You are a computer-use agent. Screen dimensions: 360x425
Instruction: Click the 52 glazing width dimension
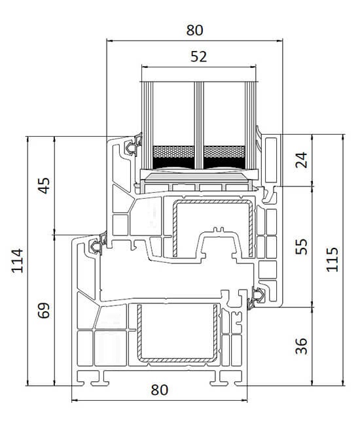(x=198, y=56)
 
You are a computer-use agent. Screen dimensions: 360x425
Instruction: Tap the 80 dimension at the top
(x=194, y=30)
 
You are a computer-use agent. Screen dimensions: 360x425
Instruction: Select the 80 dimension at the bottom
(x=160, y=390)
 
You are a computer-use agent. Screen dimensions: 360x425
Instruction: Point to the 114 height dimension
(x=17, y=260)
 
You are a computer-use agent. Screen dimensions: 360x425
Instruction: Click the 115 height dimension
(x=332, y=260)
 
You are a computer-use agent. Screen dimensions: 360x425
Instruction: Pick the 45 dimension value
(x=43, y=186)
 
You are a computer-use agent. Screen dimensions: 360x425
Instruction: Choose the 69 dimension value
(x=43, y=311)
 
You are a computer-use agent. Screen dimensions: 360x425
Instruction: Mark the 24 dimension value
(x=301, y=160)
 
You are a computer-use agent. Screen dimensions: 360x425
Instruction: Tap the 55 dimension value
(x=301, y=246)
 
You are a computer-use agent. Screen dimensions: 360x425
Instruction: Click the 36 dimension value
(x=301, y=346)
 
